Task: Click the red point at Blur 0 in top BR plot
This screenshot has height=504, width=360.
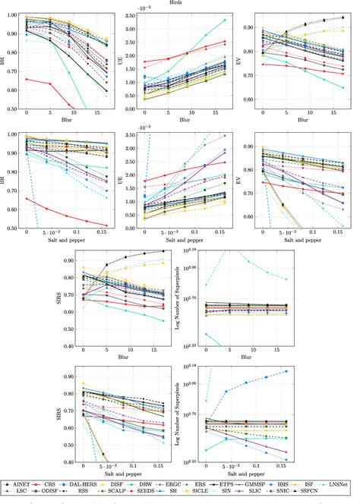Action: tap(27, 79)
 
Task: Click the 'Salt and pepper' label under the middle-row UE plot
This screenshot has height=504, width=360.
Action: tap(181, 239)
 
